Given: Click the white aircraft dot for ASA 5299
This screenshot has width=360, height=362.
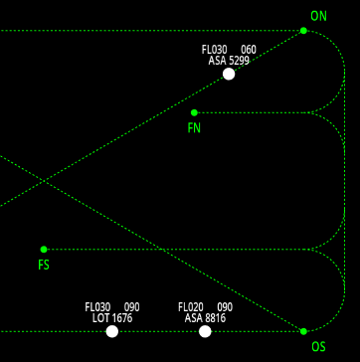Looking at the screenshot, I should (x=229, y=74).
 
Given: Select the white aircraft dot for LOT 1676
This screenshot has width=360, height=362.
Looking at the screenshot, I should (x=112, y=331).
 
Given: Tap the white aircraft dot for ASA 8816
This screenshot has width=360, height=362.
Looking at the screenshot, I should (x=205, y=331).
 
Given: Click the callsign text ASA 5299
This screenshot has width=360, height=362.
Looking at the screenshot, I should (x=229, y=61).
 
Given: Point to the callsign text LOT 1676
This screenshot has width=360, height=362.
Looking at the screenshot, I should (x=112, y=318).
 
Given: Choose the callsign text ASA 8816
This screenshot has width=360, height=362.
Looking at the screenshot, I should (x=205, y=318).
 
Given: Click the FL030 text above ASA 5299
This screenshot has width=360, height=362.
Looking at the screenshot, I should (x=214, y=50).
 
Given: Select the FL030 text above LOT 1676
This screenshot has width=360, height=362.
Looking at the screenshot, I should (x=97, y=307).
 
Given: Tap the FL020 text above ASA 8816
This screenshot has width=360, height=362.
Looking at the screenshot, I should (x=191, y=307).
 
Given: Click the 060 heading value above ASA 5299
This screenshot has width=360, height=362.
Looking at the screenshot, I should (x=249, y=50).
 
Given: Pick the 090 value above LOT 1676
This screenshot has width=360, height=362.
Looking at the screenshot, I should (x=132, y=307).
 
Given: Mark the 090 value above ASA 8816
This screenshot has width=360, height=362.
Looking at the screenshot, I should (x=225, y=307).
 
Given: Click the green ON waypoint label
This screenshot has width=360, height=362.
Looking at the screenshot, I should (x=318, y=16).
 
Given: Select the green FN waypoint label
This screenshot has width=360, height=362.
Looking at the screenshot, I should (x=194, y=128).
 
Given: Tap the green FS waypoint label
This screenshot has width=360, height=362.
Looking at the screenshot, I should (x=44, y=266).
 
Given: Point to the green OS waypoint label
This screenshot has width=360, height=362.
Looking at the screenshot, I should (x=318, y=347).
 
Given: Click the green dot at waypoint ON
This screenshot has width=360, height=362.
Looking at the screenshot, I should (x=303, y=31).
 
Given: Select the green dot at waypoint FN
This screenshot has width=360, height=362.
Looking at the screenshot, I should (x=194, y=112).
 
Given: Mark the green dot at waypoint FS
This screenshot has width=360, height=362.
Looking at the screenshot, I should (x=44, y=250).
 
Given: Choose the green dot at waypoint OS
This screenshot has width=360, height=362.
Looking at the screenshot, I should (x=303, y=331).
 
